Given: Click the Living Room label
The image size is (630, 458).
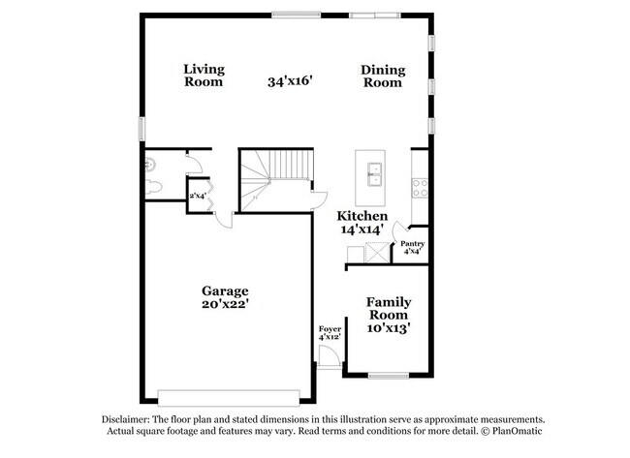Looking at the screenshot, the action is click(204, 76).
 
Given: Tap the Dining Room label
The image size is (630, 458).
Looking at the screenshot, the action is click(383, 76).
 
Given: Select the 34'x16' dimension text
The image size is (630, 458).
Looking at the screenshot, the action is click(290, 81).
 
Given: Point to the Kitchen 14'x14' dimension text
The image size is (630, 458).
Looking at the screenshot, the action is click(362, 229).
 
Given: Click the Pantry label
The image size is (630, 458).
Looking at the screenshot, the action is click(413, 244).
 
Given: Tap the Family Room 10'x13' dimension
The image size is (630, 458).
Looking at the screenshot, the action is click(388, 328).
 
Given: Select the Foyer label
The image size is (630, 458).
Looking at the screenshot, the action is click(330, 329).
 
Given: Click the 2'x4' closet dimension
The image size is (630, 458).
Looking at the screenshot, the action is click(198, 196).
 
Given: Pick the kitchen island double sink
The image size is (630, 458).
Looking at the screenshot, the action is click(375, 174).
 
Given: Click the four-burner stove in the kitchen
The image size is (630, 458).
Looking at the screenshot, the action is click(420, 188).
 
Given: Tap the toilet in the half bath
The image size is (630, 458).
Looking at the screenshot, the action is click(153, 187).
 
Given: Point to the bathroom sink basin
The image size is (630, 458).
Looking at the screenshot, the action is click(149, 164).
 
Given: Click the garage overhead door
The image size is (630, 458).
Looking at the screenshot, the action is click(229, 398).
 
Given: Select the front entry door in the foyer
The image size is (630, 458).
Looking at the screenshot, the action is click(329, 356).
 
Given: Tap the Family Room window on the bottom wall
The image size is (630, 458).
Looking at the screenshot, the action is click(389, 376).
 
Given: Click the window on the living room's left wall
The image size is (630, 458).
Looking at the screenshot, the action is click(142, 129).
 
